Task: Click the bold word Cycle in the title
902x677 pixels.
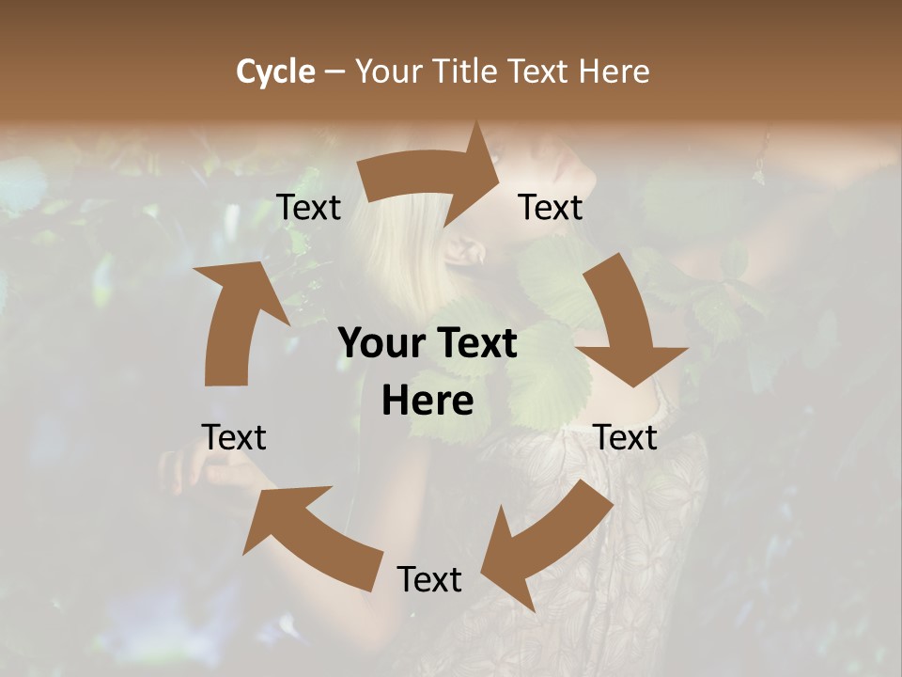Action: [x=275, y=71]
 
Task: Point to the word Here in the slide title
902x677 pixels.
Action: [x=614, y=71]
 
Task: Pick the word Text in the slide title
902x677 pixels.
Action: [x=540, y=71]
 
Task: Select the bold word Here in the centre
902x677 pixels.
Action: [x=428, y=401]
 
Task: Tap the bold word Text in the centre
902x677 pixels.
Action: [x=475, y=343]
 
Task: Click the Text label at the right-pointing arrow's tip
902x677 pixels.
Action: [x=551, y=207]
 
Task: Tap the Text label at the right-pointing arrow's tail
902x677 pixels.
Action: [x=309, y=208]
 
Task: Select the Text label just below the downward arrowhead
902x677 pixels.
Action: [x=626, y=437]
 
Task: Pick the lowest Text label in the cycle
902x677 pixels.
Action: [x=429, y=579]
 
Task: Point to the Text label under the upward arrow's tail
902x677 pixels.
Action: [x=234, y=437]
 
